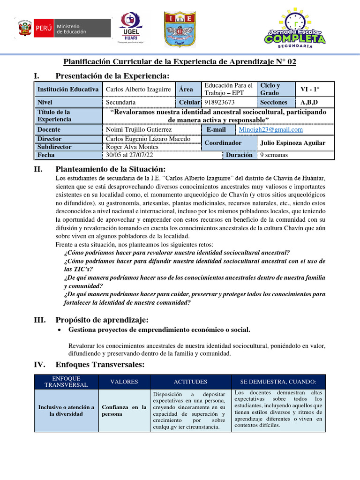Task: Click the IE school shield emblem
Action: point(177,29)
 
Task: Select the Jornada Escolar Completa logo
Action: point(294,30)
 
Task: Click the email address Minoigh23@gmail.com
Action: point(270,130)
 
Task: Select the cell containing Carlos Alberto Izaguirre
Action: point(138,89)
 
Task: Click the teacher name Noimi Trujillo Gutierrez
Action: point(139,130)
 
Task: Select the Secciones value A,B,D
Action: point(309,102)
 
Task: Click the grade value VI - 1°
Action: point(310,89)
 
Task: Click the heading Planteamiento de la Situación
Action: point(110,169)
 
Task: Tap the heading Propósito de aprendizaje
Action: point(102,320)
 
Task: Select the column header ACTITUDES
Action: point(190,382)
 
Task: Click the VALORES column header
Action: point(124,382)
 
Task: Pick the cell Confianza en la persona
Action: point(124,411)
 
